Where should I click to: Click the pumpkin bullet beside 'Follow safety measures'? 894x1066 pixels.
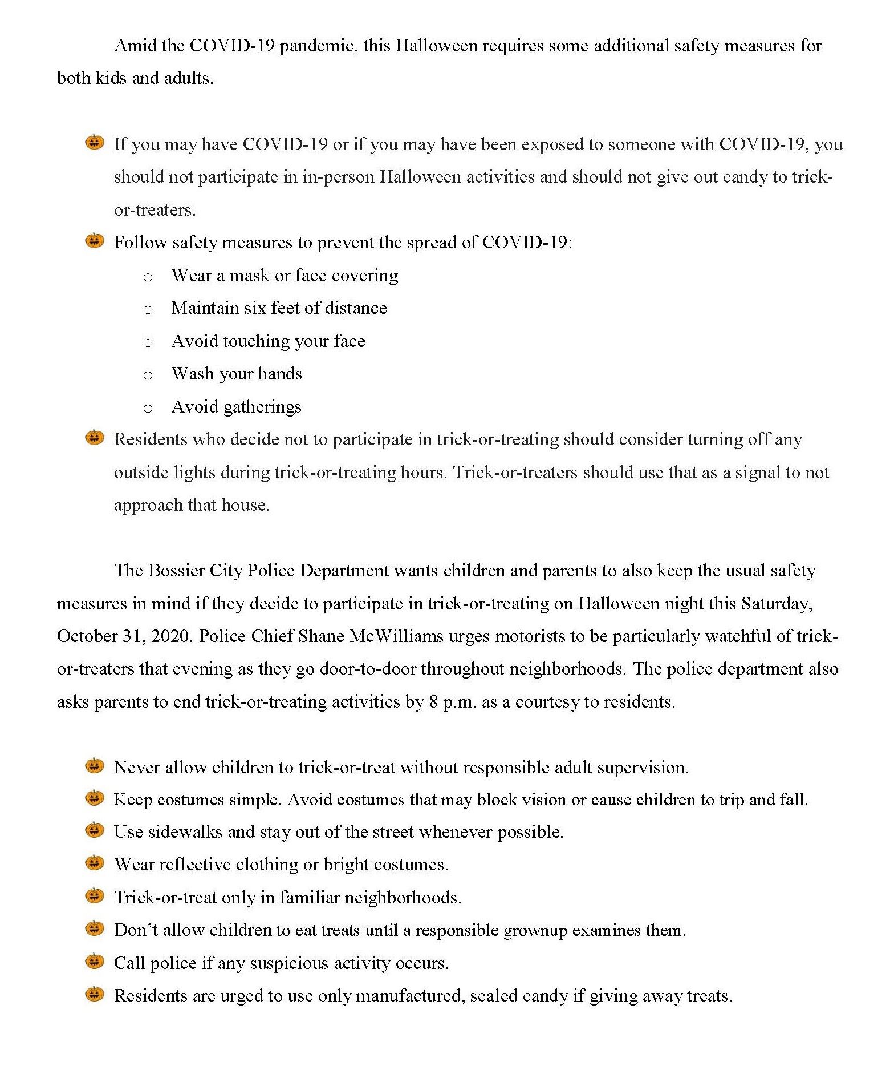point(95,241)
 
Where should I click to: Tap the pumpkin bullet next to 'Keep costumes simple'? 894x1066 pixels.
point(95,798)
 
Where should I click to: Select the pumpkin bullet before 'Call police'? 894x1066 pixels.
point(95,962)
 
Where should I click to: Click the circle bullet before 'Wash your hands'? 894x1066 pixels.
point(148,375)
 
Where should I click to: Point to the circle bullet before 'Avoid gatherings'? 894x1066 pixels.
point(148,409)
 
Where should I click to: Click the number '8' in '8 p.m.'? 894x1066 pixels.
point(433,702)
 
